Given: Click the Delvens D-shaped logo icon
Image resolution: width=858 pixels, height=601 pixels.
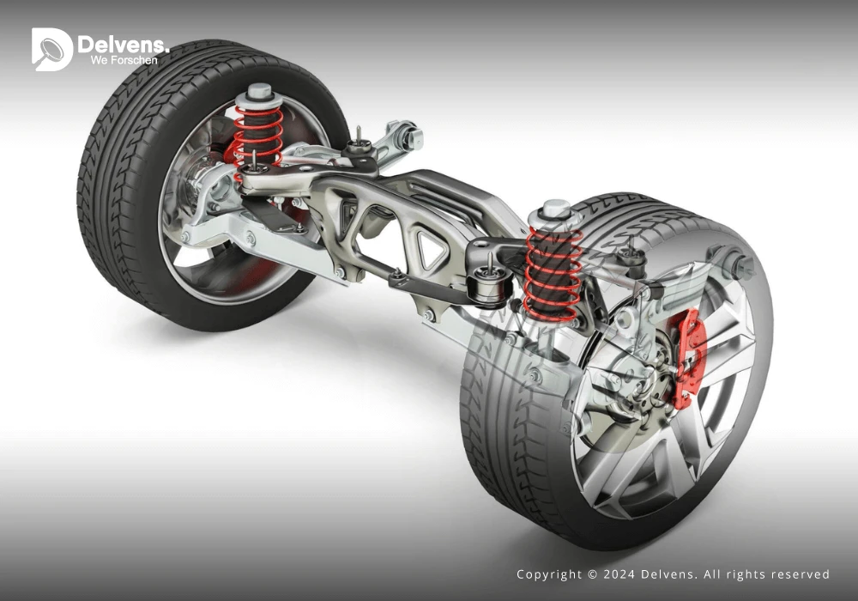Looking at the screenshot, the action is (51, 49).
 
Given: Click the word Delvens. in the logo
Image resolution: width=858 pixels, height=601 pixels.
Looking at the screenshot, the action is (123, 45).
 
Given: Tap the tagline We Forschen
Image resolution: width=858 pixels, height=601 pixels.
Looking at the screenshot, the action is (124, 60).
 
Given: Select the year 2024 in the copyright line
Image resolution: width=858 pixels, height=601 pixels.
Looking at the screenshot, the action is (619, 574).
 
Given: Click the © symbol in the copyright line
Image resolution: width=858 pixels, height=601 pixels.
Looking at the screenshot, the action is (593, 574).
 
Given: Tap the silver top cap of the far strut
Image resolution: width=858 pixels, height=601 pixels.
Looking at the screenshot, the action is (259, 94).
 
